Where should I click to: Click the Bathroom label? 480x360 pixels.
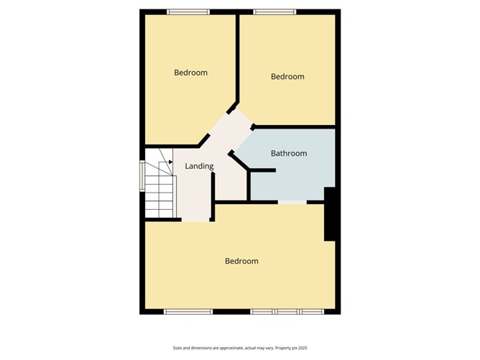288,153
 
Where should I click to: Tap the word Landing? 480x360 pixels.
199,166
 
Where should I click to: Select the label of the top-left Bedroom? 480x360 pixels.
191,72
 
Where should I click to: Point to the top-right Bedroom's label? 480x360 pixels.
287,76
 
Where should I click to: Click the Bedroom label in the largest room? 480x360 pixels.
241,261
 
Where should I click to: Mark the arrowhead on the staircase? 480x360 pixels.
170,162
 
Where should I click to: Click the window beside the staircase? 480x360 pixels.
142,175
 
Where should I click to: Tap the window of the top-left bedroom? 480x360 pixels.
188,11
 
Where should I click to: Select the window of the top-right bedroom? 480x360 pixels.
274,11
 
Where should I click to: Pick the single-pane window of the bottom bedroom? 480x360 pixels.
188,311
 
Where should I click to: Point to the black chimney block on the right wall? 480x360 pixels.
331,214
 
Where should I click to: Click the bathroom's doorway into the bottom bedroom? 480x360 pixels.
292,203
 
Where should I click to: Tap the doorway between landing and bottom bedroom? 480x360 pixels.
195,220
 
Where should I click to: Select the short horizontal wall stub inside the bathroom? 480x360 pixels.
262,170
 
